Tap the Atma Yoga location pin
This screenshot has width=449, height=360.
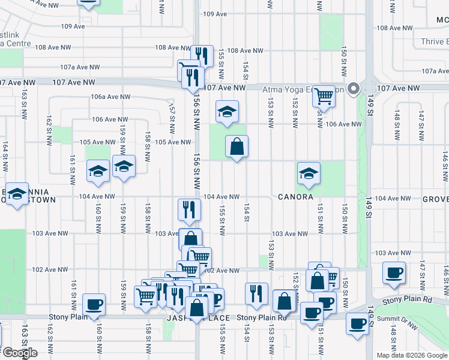click(x=354, y=89)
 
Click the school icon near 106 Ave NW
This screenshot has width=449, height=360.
click(x=227, y=112)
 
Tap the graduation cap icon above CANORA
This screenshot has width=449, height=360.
click(x=309, y=173)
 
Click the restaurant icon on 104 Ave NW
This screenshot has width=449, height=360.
click(x=188, y=210)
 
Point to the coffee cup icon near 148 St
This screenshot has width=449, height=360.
click(x=394, y=273)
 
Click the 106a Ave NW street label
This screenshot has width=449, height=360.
click(x=110, y=97)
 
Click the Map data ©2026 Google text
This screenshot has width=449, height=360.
click(x=412, y=355)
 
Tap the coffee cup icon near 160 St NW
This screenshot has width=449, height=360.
click(x=94, y=304)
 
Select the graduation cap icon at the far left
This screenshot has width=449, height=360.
click(x=17, y=193)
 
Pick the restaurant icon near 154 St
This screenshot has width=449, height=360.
click(x=256, y=293)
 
